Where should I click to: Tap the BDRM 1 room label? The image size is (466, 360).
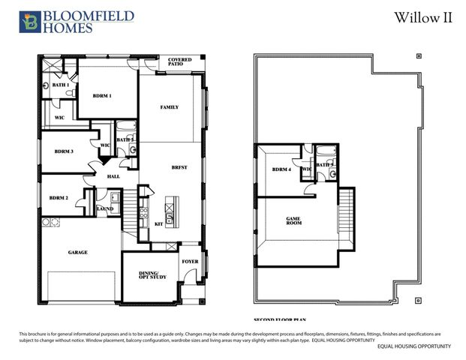[102, 96]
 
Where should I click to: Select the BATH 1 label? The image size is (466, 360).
[61, 85]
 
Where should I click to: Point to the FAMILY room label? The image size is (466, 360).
[170, 107]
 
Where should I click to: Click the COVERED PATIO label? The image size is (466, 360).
[179, 61]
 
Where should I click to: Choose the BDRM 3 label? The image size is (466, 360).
[64, 151]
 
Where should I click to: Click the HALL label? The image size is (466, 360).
[113, 176]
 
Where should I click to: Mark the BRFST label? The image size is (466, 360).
[179, 167]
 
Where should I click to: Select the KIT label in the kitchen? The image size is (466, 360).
[158, 223]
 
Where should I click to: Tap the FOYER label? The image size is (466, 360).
[191, 261]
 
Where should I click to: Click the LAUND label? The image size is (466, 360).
[105, 209]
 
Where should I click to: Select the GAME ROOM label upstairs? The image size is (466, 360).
[293, 222]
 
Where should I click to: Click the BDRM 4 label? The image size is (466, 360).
[281, 169]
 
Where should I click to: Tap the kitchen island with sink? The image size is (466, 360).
[170, 213]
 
